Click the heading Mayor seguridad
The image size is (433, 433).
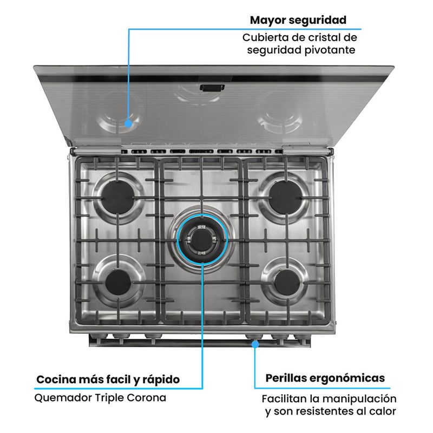[x=298, y=21]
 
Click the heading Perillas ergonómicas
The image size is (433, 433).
[x=325, y=378]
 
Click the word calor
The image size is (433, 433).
[x=383, y=412]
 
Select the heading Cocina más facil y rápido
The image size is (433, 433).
[x=108, y=379]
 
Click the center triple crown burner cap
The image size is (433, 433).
[x=201, y=237]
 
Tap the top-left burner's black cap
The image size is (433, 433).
[x=117, y=196]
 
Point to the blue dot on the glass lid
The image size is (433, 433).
[x=128, y=123]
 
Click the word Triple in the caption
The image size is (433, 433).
[x=104, y=398]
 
